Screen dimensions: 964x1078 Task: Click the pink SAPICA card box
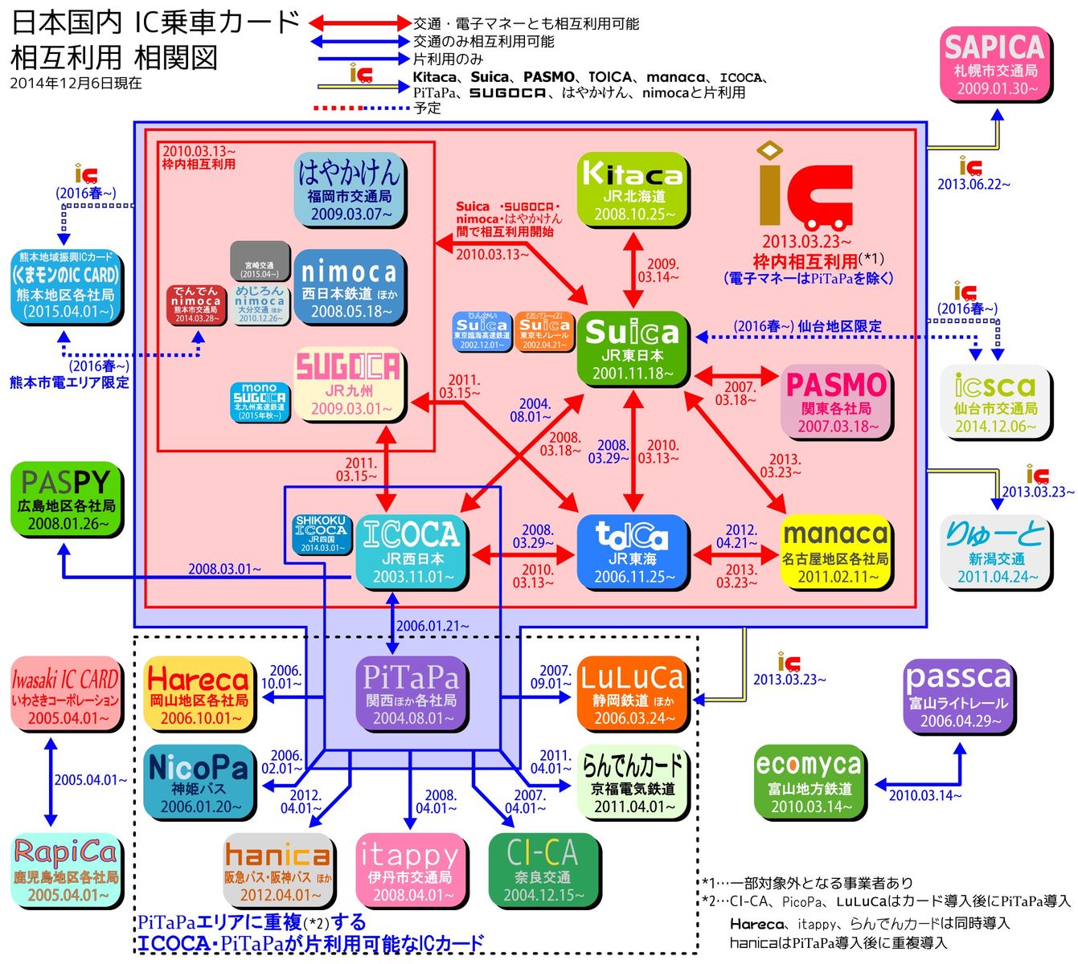pyautogui.click(x=995, y=64)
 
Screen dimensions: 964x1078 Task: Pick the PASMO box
pyautogui.click(x=837, y=402)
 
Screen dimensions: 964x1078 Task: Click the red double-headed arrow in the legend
pyautogui.click(x=360, y=23)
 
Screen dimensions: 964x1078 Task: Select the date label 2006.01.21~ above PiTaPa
pyautogui.click(x=432, y=625)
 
